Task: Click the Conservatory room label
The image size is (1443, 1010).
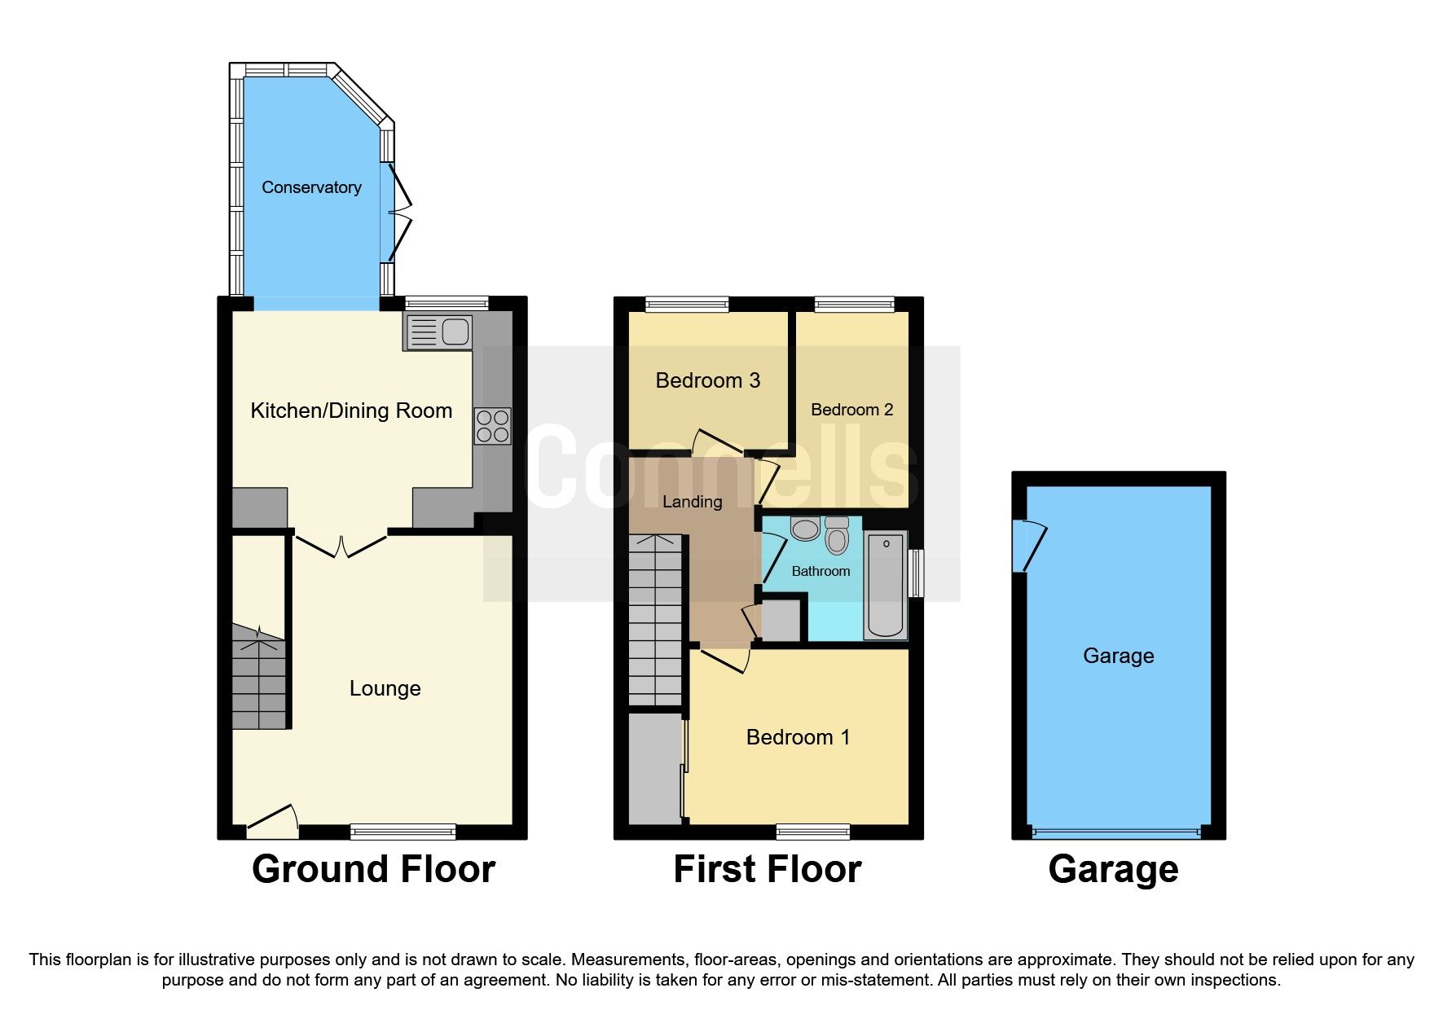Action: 311,187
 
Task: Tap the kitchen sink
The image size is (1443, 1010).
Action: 438,332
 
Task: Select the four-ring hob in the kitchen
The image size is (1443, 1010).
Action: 493,426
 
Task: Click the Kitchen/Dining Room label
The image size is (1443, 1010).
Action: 351,411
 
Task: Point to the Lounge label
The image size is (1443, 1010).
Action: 385,688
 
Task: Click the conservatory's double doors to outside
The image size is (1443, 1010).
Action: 399,212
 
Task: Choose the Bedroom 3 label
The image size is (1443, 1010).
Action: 707,380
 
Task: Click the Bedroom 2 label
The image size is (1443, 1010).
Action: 851,410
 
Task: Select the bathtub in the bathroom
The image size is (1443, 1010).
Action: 886,585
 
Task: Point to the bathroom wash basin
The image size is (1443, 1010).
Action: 805,529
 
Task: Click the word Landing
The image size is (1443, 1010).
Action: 692,502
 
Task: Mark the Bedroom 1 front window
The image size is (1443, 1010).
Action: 812,831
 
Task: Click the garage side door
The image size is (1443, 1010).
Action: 1028,547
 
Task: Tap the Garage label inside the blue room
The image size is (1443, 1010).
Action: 1118,656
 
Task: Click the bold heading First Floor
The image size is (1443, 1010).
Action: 767,869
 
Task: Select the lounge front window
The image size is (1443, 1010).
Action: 403,831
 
